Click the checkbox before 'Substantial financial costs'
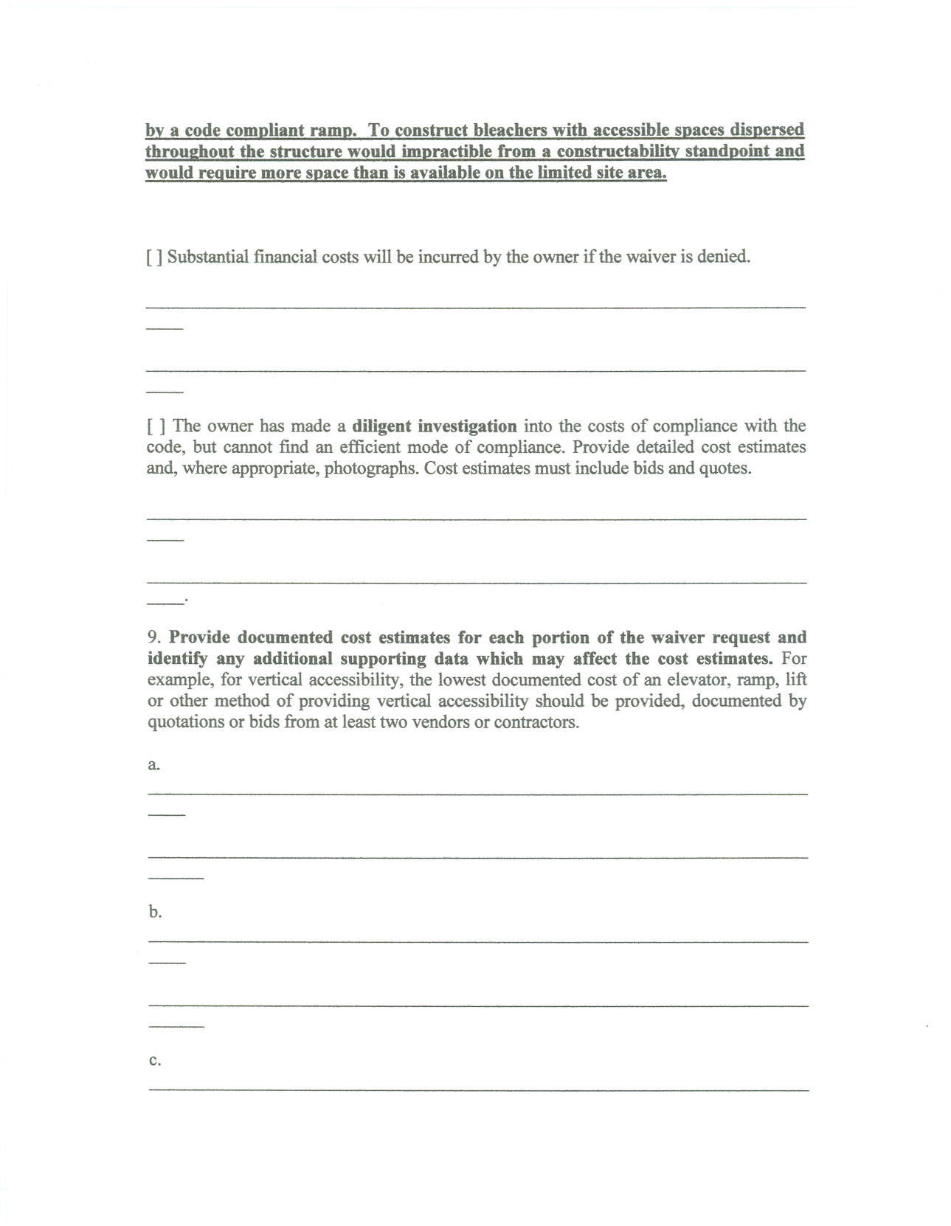154,257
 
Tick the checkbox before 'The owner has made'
156,426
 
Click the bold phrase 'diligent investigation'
435,426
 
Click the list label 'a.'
153,765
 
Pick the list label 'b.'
154,912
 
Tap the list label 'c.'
154,1061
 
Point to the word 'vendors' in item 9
440,722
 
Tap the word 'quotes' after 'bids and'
726,468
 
